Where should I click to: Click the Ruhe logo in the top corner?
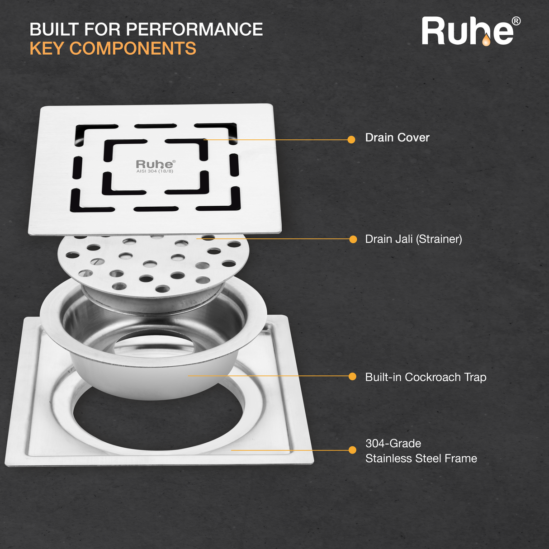coord(468,32)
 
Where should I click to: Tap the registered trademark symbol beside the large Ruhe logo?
coord(516,21)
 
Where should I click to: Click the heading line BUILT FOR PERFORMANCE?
coord(146,29)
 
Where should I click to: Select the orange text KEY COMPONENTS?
coord(113,48)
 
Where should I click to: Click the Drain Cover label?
coord(397,137)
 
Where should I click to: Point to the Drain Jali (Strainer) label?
coord(413,239)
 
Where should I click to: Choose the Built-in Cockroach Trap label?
coord(426,377)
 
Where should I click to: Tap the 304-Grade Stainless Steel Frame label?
coord(421,451)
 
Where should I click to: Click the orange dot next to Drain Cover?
coord(351,140)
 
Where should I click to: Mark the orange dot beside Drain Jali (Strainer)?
coord(353,239)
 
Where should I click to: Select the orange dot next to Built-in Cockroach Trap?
coord(352,376)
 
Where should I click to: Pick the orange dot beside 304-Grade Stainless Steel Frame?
coord(352,450)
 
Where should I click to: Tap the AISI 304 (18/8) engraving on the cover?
coord(155,171)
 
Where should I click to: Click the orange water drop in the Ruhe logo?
coord(486,41)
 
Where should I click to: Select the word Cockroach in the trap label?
coord(432,377)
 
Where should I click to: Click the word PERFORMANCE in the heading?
coord(194,29)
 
